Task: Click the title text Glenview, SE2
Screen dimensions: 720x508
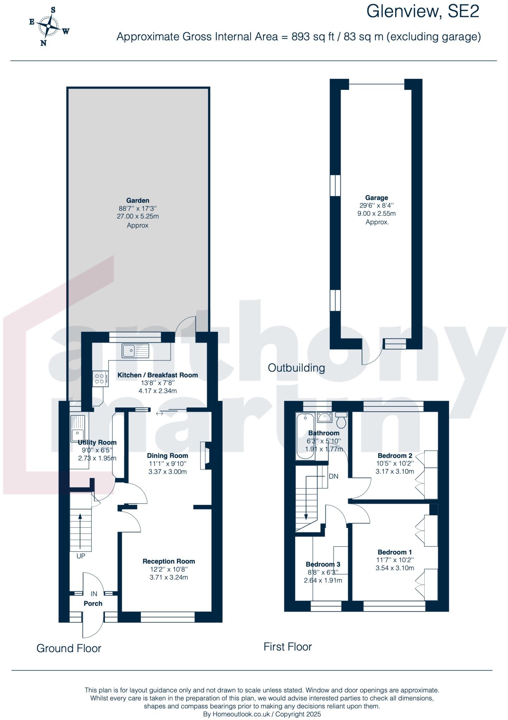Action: tap(423, 12)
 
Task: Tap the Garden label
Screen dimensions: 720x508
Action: tap(138, 200)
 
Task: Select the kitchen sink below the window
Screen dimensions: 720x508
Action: tap(135, 351)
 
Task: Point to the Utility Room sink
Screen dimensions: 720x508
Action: tap(77, 426)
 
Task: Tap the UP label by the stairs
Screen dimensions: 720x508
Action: tap(81, 556)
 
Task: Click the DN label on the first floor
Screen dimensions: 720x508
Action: tap(333, 476)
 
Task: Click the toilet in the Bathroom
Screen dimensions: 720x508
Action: tap(341, 419)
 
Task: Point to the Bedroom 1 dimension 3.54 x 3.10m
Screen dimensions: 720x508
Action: tap(395, 568)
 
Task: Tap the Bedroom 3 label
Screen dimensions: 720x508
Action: tap(323, 564)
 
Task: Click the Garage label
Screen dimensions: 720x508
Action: tap(376, 198)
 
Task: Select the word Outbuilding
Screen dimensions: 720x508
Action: tap(296, 368)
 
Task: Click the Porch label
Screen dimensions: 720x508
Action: tap(93, 603)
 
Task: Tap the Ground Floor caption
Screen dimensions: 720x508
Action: tap(69, 648)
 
